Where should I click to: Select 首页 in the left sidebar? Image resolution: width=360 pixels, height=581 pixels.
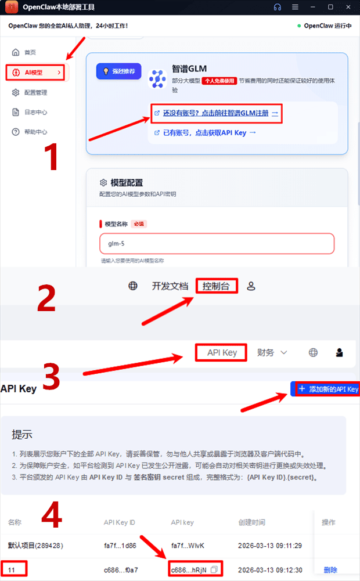[x=30, y=52]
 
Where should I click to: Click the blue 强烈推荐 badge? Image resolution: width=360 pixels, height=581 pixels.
[x=119, y=71]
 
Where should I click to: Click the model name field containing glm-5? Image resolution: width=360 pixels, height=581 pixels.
[x=217, y=244]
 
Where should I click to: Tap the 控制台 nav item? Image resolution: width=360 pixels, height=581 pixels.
[x=216, y=286]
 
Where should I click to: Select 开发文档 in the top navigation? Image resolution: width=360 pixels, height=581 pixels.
[x=170, y=286]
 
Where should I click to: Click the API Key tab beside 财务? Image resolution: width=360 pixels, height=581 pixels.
[x=222, y=352]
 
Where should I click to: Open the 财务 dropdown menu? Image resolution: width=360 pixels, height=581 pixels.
[x=272, y=352]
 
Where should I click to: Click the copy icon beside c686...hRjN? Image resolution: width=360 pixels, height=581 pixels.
[x=214, y=570]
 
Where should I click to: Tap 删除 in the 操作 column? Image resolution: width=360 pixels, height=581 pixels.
[x=330, y=570]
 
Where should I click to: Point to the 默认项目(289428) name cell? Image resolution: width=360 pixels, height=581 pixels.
[x=35, y=546]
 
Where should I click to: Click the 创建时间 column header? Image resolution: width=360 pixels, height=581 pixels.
[x=251, y=522]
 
